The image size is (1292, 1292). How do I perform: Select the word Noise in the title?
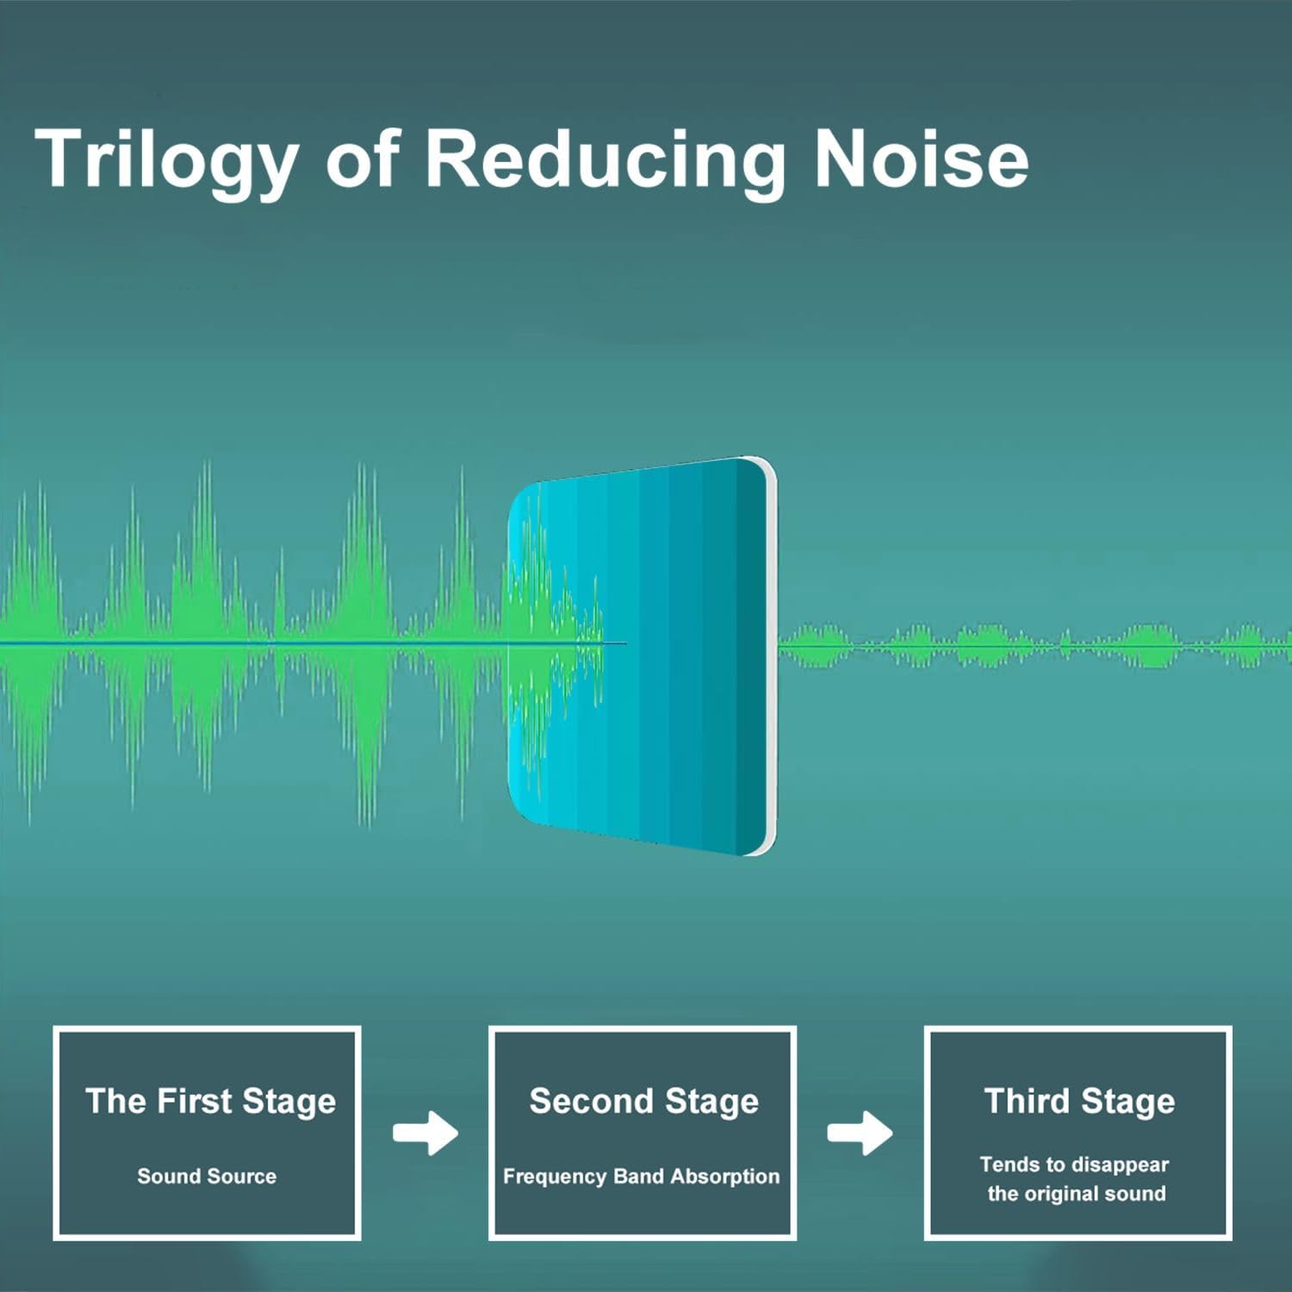921,158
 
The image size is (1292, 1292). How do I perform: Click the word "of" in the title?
363,158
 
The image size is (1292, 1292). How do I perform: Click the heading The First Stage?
210,1103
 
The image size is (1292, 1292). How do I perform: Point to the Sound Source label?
207,1176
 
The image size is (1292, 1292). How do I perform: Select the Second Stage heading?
643,1103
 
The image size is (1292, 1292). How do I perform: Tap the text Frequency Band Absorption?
641,1177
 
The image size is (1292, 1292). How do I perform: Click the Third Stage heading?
1079,1103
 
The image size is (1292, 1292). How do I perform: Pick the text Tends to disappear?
1074,1165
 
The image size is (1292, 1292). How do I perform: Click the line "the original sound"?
1077,1194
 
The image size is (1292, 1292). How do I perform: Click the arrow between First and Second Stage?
425,1133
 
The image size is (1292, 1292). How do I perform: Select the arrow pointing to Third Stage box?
860,1133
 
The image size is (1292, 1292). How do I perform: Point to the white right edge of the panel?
772,656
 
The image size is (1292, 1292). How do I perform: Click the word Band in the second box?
638,1176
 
